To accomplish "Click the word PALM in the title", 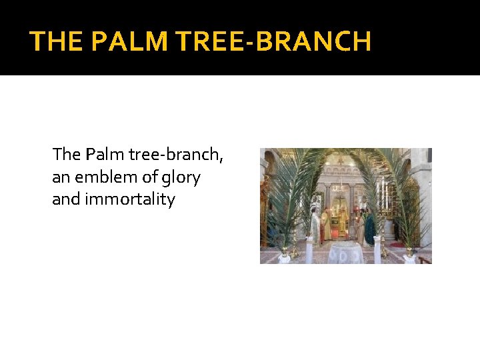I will pos(131,41).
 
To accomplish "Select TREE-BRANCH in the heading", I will pos(273,41).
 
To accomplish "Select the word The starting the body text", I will pos(66,155).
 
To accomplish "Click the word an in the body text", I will pos(60,177).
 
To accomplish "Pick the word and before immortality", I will pos(65,199).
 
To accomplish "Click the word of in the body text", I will pos(148,177).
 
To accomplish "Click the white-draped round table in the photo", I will pos(344,252).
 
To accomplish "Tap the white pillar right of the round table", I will pos(377,249).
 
